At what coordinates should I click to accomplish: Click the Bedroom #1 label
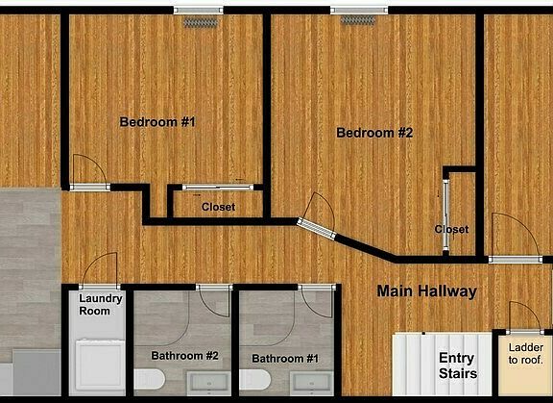(x=157, y=122)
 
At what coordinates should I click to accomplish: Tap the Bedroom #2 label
(x=373, y=133)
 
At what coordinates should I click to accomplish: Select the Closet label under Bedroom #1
(x=218, y=207)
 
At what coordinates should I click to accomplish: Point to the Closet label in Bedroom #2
(x=451, y=229)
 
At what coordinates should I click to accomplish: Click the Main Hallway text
(x=426, y=290)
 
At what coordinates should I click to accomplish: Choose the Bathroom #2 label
(x=186, y=356)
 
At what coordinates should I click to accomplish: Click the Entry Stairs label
(x=457, y=365)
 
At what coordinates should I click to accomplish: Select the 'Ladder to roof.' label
(x=524, y=353)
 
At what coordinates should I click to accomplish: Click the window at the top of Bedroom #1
(x=199, y=11)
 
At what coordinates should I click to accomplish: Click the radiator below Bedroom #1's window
(x=201, y=21)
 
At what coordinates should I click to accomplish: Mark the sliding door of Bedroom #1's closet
(x=218, y=187)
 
